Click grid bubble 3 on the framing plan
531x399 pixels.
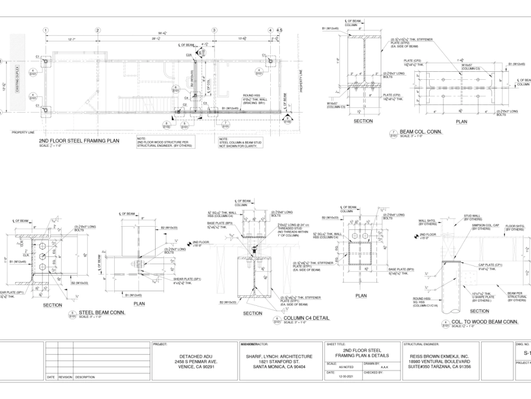click(214, 30)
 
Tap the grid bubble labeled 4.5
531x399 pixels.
click(279, 30)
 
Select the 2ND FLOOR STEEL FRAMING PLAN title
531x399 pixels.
click(79, 141)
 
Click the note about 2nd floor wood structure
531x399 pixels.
click(165, 142)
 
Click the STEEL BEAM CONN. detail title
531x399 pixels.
click(102, 312)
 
